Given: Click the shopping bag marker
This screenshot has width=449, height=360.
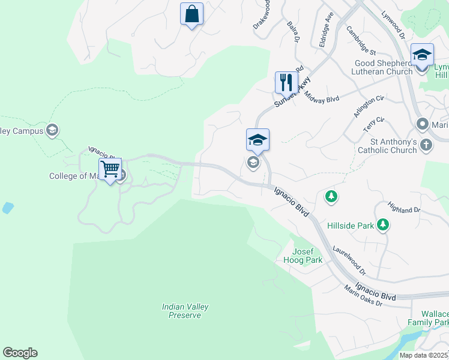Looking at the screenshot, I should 191,14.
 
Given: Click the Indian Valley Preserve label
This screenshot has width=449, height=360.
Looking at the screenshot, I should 185,311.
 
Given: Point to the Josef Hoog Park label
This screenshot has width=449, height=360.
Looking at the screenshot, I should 307,256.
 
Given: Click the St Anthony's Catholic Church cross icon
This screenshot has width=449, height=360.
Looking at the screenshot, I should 426,145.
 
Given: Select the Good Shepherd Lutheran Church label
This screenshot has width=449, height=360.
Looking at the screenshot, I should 384,67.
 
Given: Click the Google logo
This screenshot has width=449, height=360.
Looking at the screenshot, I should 20,353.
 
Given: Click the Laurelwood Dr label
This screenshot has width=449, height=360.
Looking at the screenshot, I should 349,262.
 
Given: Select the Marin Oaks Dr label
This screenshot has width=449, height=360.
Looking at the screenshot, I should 363,296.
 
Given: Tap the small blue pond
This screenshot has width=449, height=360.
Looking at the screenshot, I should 7,208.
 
